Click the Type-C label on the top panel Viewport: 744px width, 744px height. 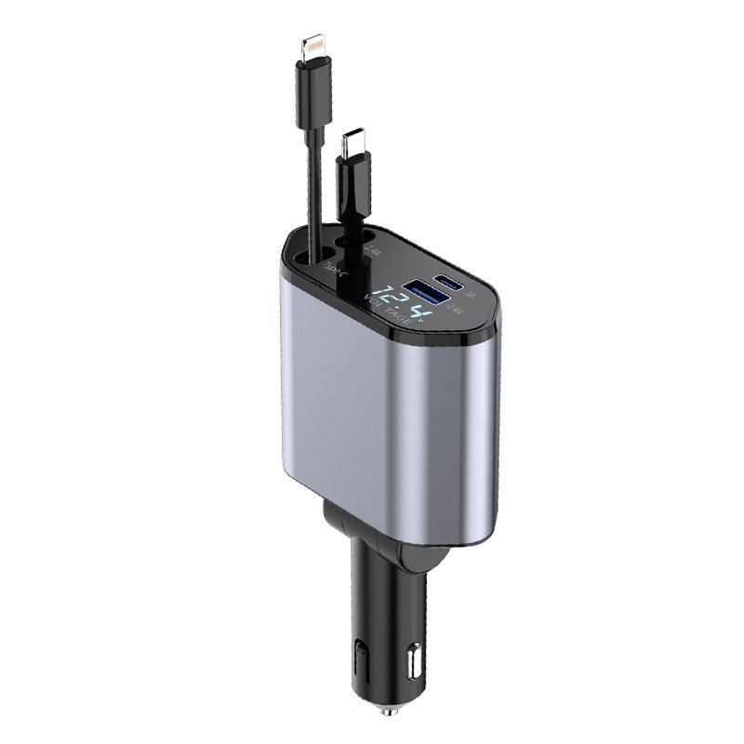point(332,267)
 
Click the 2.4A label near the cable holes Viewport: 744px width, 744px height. point(372,249)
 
